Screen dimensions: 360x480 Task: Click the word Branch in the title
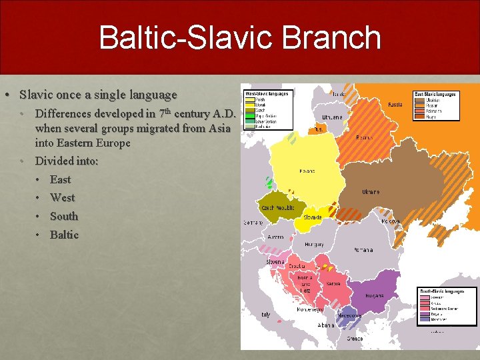(325, 38)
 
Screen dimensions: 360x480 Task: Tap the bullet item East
(60, 179)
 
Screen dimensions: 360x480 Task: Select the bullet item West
(63, 197)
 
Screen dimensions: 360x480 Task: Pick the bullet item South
(64, 216)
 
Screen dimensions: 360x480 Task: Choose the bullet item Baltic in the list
(64, 235)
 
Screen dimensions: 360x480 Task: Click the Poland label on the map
(307, 171)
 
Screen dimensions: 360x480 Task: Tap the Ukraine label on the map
(371, 192)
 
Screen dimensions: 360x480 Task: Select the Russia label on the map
(395, 105)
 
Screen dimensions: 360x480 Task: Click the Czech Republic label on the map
(278, 208)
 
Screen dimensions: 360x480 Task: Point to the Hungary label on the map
(314, 245)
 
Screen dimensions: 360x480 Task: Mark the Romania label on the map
(364, 250)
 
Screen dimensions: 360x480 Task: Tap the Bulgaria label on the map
(374, 295)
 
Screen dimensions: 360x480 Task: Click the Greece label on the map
(355, 339)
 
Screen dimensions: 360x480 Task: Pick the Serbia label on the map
(333, 284)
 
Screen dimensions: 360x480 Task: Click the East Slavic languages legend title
(435, 95)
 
